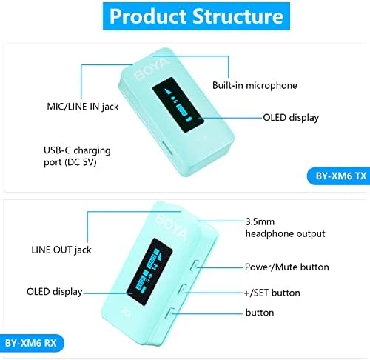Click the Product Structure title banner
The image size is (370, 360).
196,16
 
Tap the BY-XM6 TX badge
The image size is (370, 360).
339,176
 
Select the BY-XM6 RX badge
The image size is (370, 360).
32,343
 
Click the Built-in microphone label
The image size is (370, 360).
255,85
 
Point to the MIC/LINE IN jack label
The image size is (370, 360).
83,107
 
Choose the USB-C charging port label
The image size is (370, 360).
77,156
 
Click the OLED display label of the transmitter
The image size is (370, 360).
291,118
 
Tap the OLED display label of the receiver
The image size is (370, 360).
54,292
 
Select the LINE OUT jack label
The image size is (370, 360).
61,250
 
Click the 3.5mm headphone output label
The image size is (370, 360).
285,227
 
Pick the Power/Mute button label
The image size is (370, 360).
287,267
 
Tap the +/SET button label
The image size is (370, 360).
272,293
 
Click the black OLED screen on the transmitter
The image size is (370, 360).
178,105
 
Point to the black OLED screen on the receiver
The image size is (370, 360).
149,272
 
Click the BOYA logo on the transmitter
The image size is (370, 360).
152,69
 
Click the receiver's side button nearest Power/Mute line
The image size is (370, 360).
194,266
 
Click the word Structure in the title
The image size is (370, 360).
238,16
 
